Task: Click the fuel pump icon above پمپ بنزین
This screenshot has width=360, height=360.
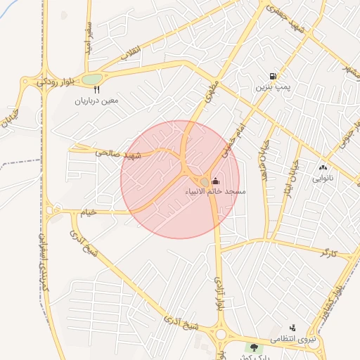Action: (272, 76)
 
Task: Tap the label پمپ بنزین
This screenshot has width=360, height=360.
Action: (272, 87)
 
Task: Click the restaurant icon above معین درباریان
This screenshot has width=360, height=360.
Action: (96, 90)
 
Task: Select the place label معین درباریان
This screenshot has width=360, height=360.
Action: (97, 101)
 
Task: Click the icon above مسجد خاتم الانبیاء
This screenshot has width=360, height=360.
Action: (214, 181)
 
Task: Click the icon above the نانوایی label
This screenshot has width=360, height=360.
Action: (323, 167)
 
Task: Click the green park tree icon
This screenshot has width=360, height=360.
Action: (252, 347)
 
